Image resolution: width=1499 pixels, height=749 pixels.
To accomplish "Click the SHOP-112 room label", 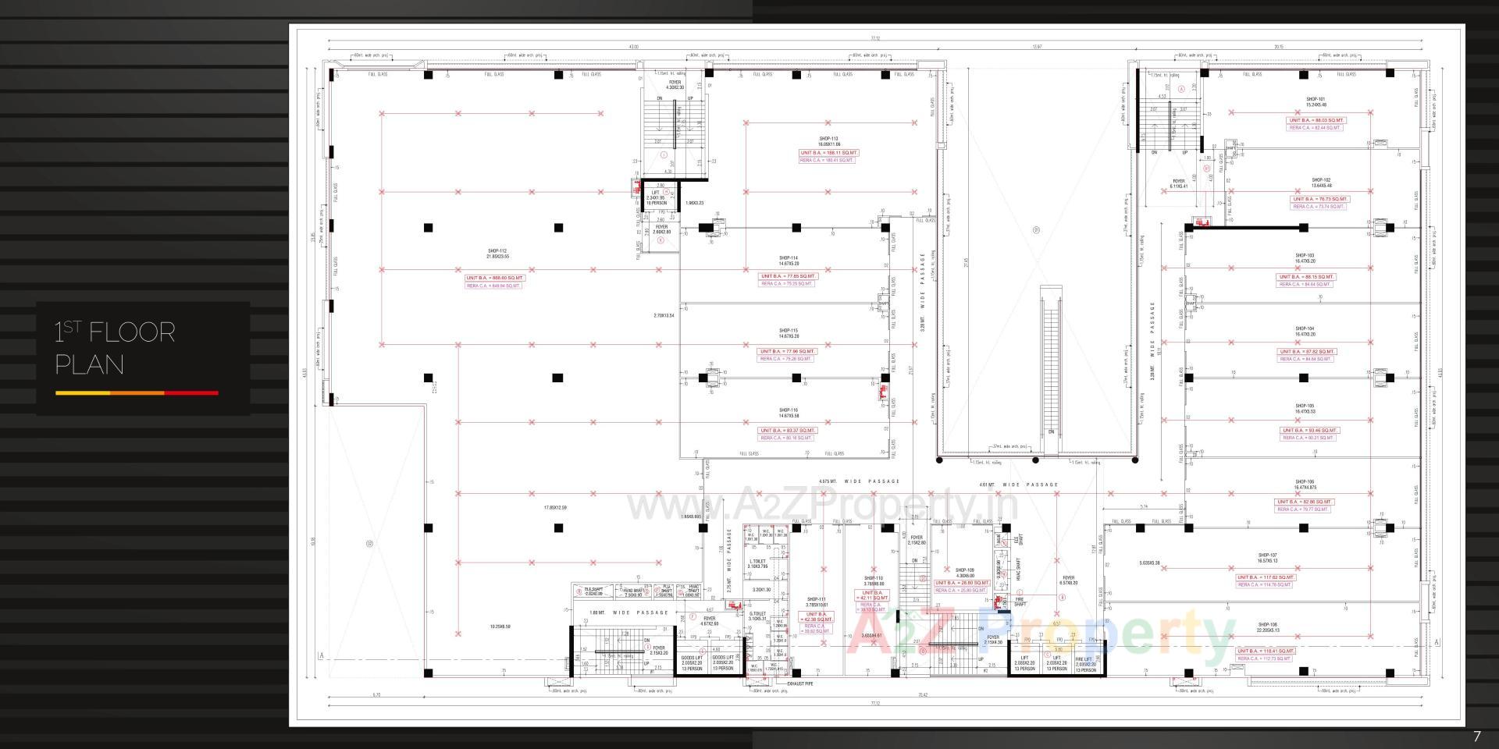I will click(x=497, y=251).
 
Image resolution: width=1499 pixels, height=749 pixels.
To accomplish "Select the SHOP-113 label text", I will click(x=828, y=139).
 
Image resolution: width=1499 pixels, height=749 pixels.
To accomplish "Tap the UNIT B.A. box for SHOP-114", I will click(x=788, y=276).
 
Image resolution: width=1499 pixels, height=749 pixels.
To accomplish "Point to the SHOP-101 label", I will click(x=1316, y=99).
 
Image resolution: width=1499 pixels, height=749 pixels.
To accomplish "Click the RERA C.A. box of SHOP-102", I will click(x=1319, y=207).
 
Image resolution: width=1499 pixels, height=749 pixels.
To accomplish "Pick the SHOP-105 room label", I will click(x=1305, y=406).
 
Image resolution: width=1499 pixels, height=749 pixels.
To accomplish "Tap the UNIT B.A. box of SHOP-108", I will click(x=1266, y=651).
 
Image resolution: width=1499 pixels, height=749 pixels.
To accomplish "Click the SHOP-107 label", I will click(x=1267, y=556).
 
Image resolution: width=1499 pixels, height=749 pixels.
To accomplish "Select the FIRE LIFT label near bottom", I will click(x=1085, y=659).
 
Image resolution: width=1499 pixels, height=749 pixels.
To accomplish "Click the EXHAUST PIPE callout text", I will click(x=799, y=683).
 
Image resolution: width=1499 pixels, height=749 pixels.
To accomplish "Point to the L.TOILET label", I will click(x=757, y=561).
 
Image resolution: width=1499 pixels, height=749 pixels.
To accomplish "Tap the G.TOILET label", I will click(x=757, y=614).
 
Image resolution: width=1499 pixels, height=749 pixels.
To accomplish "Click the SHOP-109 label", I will click(x=965, y=570).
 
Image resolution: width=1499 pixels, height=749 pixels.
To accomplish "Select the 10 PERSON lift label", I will click(x=655, y=202).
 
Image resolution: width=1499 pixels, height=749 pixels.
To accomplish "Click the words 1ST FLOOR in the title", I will click(x=115, y=333).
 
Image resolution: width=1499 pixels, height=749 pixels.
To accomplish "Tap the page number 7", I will click(x=1476, y=737).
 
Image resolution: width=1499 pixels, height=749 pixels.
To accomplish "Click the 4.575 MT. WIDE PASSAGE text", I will click(x=859, y=481).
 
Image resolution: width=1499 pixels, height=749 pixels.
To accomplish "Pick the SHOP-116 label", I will click(x=788, y=410).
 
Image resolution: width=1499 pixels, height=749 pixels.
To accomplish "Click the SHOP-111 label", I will click(x=816, y=599).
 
